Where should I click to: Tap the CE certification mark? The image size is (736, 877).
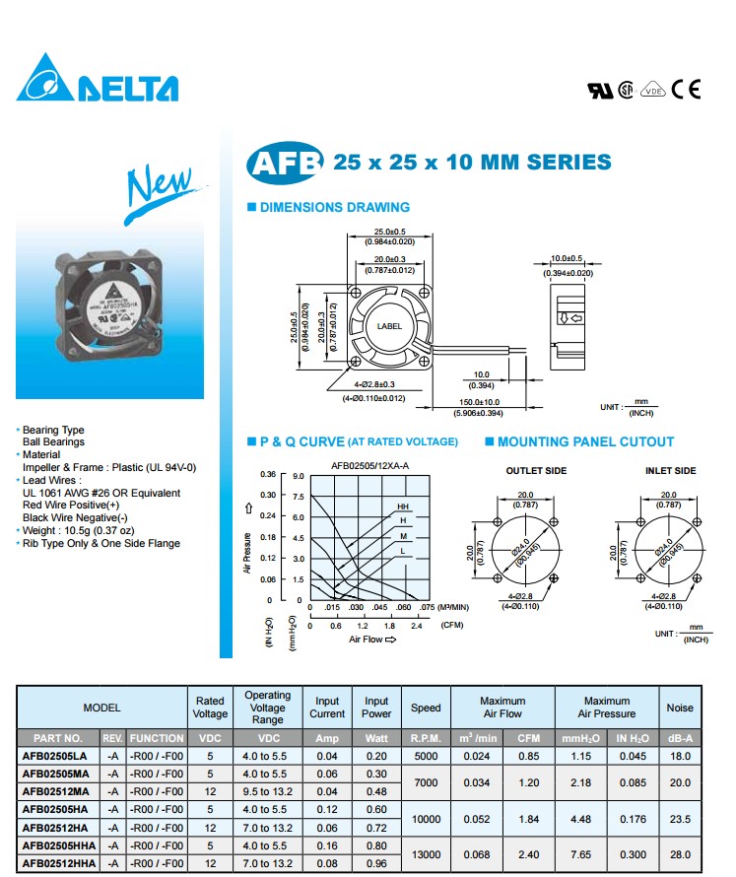click(x=686, y=90)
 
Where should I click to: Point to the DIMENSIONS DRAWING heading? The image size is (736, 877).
click(x=334, y=207)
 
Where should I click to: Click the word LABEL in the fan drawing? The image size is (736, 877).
click(x=389, y=325)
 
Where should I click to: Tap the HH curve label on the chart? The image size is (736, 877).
click(x=403, y=506)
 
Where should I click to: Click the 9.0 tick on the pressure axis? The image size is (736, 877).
click(x=298, y=475)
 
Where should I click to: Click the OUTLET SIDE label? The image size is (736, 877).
click(x=536, y=471)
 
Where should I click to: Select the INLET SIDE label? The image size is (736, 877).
click(x=671, y=471)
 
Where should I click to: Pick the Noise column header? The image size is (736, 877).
click(x=680, y=708)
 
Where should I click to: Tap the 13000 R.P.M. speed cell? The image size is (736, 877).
click(x=426, y=853)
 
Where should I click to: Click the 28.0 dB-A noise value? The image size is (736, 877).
click(x=680, y=853)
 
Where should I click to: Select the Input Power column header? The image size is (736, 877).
click(x=376, y=708)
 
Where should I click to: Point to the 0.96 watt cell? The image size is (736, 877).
click(x=376, y=863)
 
